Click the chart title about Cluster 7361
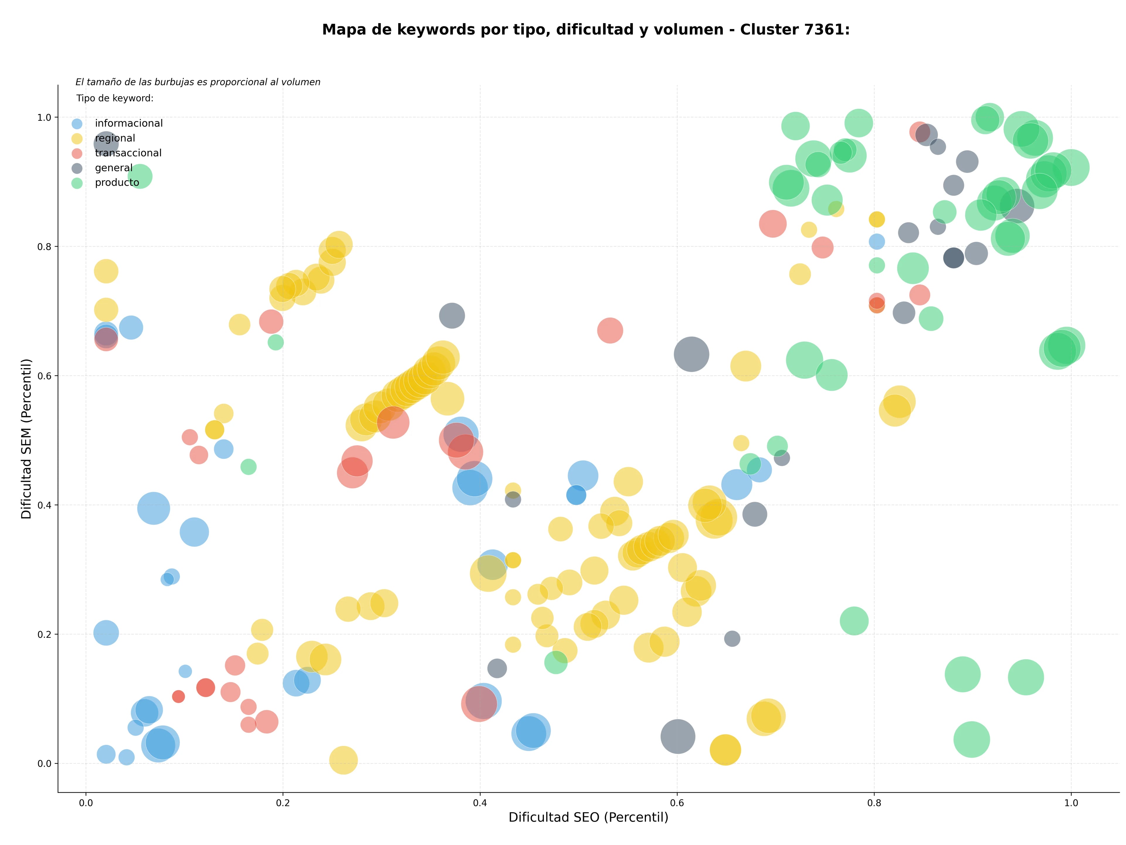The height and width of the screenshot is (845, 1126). [586, 30]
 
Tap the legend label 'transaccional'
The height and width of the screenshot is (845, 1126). [128, 153]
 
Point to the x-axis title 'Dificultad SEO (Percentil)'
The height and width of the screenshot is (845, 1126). [589, 817]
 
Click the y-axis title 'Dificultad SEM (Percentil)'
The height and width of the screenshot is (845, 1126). [26, 438]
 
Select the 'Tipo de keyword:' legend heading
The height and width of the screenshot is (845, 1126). [115, 98]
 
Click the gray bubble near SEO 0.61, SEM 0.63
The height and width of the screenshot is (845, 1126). [691, 353]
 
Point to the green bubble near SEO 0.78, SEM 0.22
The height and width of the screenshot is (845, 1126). [854, 621]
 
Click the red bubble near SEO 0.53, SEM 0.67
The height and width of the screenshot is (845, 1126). [610, 330]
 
